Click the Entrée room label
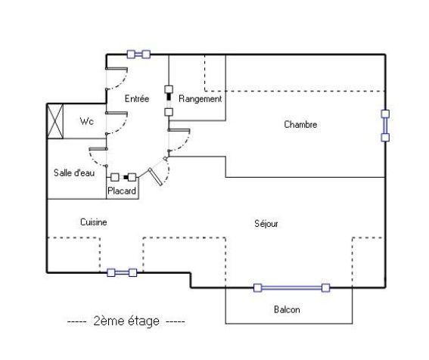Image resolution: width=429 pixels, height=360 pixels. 137,98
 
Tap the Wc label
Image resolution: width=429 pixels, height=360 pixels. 87,121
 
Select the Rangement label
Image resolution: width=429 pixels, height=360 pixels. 200,99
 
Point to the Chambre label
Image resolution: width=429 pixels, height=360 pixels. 300,125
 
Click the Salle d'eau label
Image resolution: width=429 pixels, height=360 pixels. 74,172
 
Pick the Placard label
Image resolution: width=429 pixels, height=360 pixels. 122,191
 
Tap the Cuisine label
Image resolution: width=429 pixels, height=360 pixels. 94,222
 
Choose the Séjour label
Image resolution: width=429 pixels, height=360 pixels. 266,224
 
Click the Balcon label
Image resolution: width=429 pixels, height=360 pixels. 287,309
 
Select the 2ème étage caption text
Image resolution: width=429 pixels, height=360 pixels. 126,321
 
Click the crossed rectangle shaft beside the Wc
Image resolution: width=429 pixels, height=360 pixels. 55,121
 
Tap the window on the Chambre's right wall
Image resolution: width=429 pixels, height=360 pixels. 385,126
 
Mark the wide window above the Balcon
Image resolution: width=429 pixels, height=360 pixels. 291,288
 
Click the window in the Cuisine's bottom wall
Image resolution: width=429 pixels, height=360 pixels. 122,272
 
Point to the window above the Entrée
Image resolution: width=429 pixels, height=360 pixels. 138,54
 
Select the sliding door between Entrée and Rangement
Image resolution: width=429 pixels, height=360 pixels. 169,101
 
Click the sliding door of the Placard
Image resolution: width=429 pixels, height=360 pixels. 123,177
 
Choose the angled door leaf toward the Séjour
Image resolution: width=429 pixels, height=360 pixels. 155,177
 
